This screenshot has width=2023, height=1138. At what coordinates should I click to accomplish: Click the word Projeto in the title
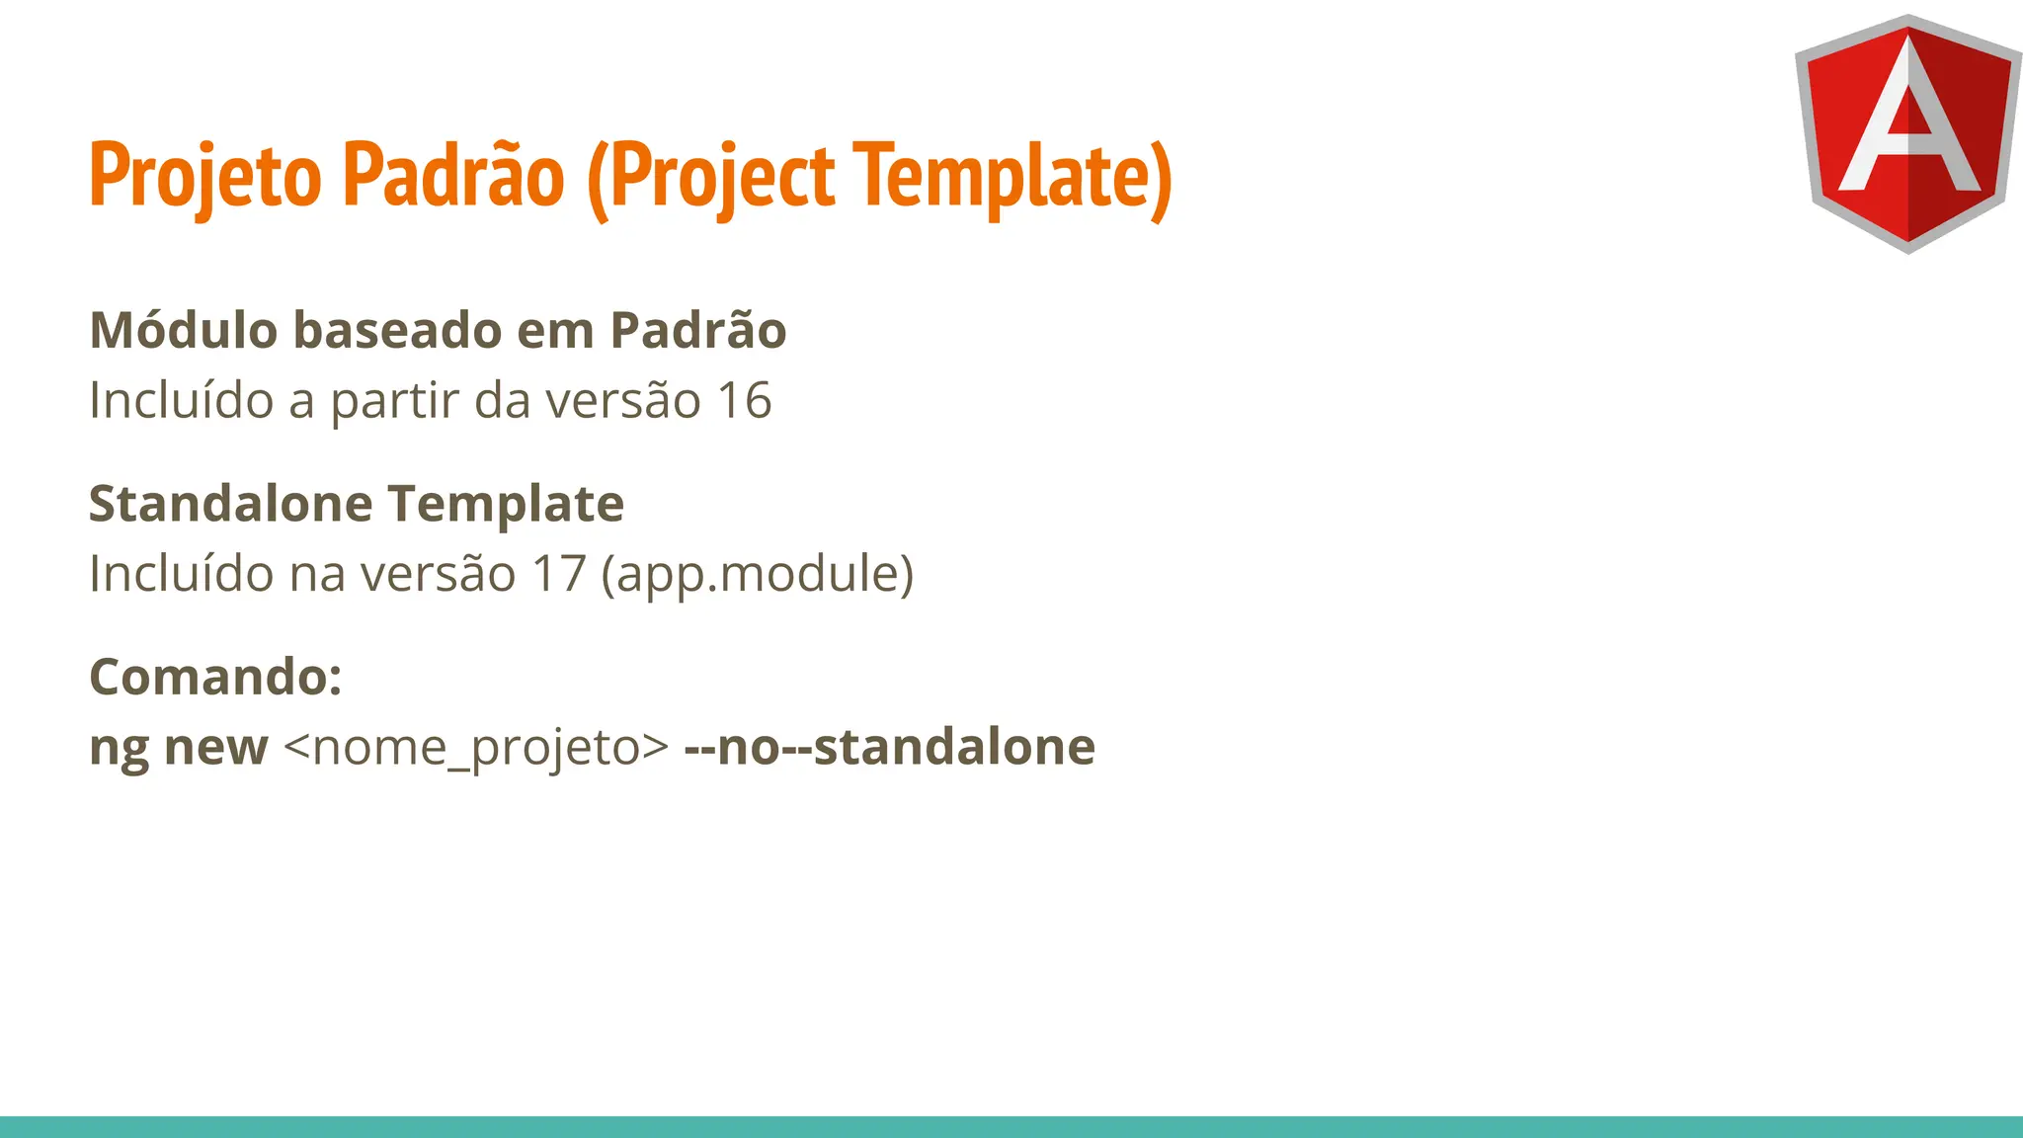tap(205, 176)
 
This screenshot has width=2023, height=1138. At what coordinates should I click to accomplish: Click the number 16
tap(744, 400)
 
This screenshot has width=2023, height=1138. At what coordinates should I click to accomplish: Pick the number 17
tap(559, 573)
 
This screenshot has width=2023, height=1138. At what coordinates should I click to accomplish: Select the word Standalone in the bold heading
tap(230, 503)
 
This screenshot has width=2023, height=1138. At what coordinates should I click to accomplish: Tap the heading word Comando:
tap(215, 677)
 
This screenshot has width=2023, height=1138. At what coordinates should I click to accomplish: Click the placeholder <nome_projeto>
tap(476, 748)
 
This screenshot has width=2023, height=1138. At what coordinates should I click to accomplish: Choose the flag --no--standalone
tap(889, 747)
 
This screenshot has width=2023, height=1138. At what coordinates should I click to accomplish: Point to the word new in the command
tap(216, 748)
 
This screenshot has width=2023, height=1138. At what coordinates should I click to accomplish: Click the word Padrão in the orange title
tap(453, 174)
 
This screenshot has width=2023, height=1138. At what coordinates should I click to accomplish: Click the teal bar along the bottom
tap(1011, 1127)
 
